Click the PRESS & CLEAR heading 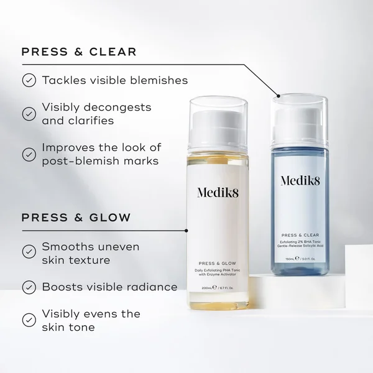click(79, 52)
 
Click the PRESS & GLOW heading click(76, 218)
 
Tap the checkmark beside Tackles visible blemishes click(29, 80)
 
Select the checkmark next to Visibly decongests click(29, 114)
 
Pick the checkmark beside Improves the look click(29, 154)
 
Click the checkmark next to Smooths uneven click(29, 252)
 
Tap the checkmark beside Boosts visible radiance click(29, 287)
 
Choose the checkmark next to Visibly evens click(29, 320)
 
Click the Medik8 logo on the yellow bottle click(218, 192)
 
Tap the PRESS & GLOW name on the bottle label click(217, 263)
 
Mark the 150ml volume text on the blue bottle click(289, 257)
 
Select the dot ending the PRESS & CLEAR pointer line click(278, 96)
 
